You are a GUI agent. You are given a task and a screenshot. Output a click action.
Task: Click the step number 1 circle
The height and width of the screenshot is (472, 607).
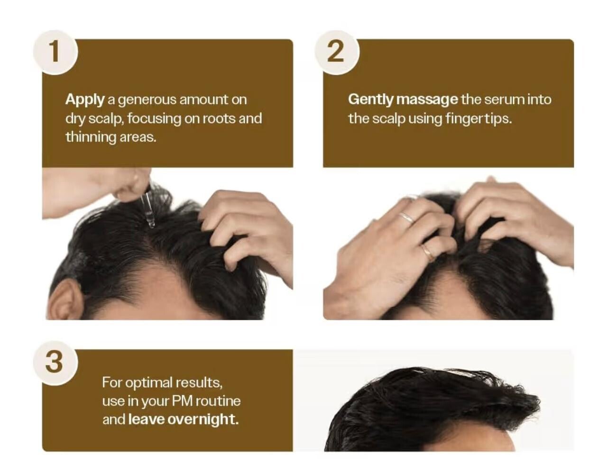[55, 52]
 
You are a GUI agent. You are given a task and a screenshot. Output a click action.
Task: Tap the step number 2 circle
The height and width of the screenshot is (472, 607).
[337, 52]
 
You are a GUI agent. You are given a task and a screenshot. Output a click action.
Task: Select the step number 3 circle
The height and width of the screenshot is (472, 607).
[55, 363]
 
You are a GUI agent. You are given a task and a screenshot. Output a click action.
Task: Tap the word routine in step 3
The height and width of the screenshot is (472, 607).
[218, 401]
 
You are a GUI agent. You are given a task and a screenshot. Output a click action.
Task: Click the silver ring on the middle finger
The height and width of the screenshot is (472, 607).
[406, 217]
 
